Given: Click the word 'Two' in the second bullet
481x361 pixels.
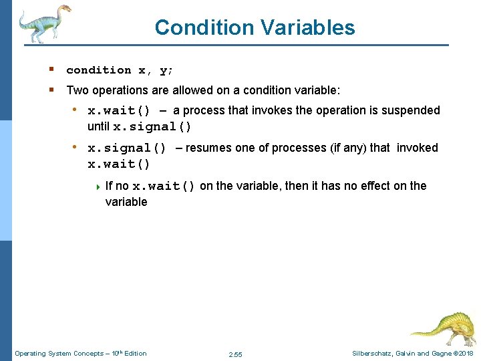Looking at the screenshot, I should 77,89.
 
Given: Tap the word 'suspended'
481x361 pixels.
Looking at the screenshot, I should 411,110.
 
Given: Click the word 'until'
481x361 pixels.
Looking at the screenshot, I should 99,126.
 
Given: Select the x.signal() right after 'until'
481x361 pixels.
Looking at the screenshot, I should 152,127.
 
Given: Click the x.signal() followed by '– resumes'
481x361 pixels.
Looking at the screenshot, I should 127,148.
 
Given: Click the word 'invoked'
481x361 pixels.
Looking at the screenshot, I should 418,148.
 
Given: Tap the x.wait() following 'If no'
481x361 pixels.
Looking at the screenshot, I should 164,187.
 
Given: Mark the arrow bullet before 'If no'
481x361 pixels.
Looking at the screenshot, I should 99,186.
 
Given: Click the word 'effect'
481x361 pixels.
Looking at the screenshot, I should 375,186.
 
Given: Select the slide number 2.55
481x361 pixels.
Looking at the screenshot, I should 235,354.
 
